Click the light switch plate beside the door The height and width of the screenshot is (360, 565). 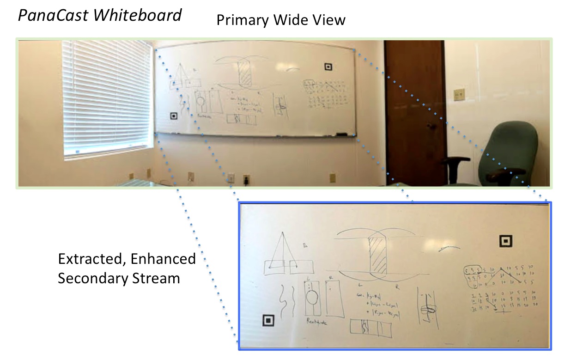[x=459, y=95]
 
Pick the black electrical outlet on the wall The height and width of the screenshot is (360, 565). [x=246, y=179]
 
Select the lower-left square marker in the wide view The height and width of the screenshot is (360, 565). [x=174, y=116]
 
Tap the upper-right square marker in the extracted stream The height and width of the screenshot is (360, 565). [x=505, y=241]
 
